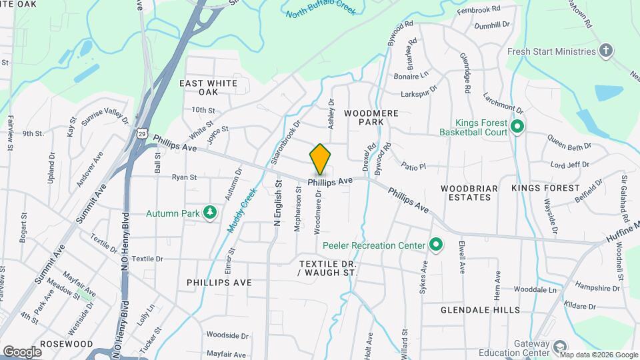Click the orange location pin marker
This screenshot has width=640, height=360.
coord(320,159)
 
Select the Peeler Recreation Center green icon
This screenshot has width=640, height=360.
coord(436,245)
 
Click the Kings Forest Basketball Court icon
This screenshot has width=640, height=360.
coord(517,126)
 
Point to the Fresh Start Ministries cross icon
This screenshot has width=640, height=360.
coord(605,51)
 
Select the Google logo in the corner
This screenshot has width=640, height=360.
coord(22,351)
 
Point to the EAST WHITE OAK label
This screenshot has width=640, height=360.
coord(208,87)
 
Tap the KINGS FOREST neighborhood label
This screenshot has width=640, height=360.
coord(545,189)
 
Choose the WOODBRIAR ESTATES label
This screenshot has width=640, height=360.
coord(469,193)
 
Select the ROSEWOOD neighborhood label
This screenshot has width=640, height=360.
coord(66,344)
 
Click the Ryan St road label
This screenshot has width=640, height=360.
coord(184,177)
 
